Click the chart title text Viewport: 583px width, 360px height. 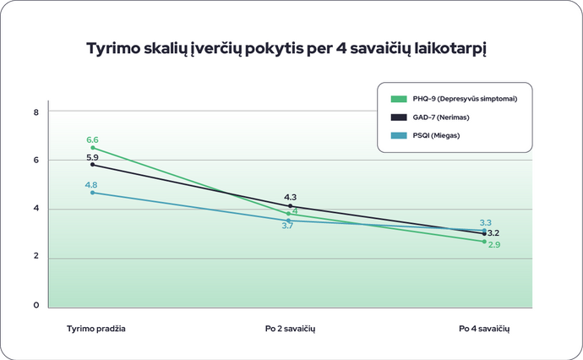pyautogui.click(x=288, y=49)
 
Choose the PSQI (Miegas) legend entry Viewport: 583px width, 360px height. pyautogui.click(x=436, y=135)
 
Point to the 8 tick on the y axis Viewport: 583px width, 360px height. pyautogui.click(x=36, y=112)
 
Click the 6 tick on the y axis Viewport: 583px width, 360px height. pyautogui.click(x=36, y=160)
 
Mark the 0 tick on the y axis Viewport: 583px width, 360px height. pyautogui.click(x=36, y=306)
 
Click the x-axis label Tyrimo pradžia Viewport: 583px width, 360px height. pyautogui.click(x=96, y=327)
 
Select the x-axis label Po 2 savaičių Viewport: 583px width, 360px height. pyautogui.click(x=290, y=327)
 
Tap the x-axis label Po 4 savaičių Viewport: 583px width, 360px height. pyautogui.click(x=484, y=327)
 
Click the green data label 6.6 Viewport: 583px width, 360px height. pyautogui.click(x=93, y=139)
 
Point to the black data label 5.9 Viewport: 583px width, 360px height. pyautogui.click(x=93, y=157)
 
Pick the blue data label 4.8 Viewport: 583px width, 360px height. pyautogui.click(x=91, y=185)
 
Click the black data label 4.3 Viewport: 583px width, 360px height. pyautogui.click(x=290, y=197)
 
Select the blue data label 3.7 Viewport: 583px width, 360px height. pyautogui.click(x=287, y=226)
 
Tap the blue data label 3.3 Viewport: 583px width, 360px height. pyautogui.click(x=486, y=222)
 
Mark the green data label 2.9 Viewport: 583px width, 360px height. pyautogui.click(x=494, y=244)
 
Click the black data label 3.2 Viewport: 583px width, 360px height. pyautogui.click(x=494, y=232)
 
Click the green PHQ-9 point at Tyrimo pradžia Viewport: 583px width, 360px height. pyautogui.click(x=93, y=148)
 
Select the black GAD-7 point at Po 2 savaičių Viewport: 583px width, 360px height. pyautogui.click(x=290, y=206)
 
